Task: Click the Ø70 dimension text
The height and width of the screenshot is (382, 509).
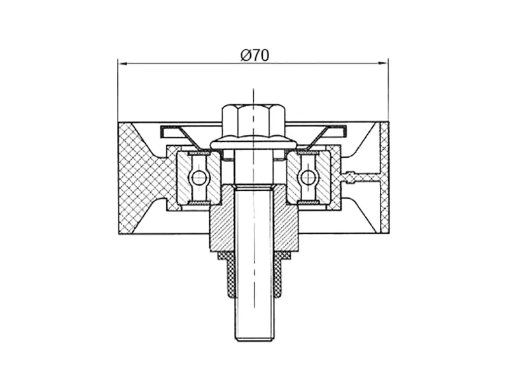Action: [x=255, y=55]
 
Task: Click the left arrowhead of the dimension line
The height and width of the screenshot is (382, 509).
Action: [x=122, y=63]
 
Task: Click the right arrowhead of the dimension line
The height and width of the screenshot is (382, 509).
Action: [x=384, y=63]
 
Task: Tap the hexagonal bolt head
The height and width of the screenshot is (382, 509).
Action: [x=254, y=122]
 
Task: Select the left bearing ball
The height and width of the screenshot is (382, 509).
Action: [x=199, y=178]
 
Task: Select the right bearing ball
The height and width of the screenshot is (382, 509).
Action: [x=307, y=178]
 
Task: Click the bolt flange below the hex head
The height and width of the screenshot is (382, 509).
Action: [x=253, y=145]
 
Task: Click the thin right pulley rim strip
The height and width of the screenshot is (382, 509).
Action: [x=384, y=178]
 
